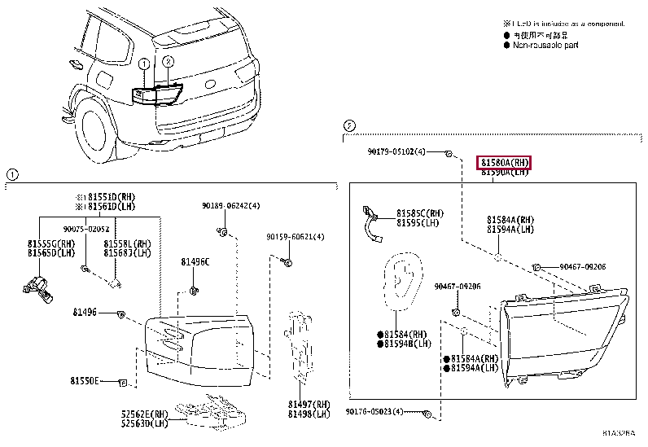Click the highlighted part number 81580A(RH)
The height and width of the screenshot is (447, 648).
click(503, 163)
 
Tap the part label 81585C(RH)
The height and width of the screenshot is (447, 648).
click(420, 213)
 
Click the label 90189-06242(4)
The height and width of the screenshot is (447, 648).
click(231, 206)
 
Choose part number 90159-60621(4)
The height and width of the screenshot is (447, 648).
click(296, 237)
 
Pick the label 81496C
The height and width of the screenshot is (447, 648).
click(195, 261)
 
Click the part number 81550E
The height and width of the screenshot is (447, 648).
click(84, 380)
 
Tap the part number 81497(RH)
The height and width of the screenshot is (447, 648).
click(309, 404)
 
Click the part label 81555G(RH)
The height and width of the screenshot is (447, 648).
click(50, 243)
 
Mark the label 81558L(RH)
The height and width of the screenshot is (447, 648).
click(128, 243)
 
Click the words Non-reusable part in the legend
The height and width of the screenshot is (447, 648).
click(545, 46)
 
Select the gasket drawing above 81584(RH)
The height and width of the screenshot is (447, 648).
click(401, 282)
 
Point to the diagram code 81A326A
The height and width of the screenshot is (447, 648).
click(621, 433)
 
